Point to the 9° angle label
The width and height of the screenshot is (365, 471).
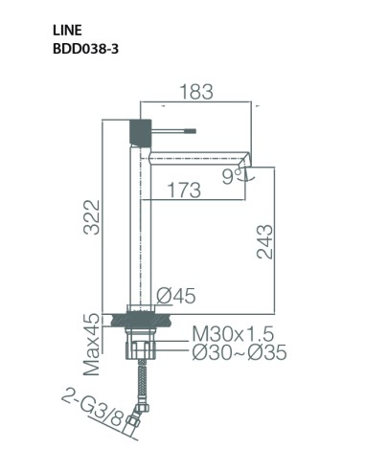tap(228, 174)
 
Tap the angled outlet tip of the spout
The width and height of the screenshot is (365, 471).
tap(247, 159)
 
